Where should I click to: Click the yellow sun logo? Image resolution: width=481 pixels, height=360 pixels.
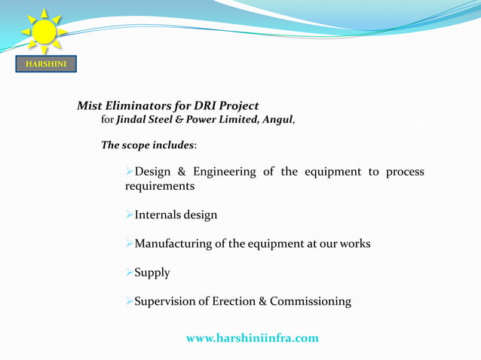[x=44, y=32]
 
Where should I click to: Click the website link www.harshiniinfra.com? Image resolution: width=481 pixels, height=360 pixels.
[x=252, y=338]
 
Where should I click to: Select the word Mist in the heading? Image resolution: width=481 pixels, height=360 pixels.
[x=90, y=106]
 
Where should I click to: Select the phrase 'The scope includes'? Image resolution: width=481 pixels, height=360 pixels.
[x=148, y=145]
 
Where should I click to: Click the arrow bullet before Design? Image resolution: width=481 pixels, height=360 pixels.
[x=129, y=172]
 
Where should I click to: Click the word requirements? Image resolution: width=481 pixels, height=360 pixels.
[x=160, y=186]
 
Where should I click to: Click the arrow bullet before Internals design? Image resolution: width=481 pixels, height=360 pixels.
[x=129, y=215]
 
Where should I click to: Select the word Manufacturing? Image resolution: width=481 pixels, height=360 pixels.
[x=173, y=244]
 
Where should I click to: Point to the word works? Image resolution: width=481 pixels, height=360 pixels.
[x=354, y=244]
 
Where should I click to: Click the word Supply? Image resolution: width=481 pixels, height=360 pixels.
[x=152, y=273]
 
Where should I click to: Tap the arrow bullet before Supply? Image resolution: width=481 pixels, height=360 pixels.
[x=129, y=273]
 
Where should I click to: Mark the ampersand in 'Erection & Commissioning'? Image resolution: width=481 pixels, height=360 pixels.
[x=262, y=301]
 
